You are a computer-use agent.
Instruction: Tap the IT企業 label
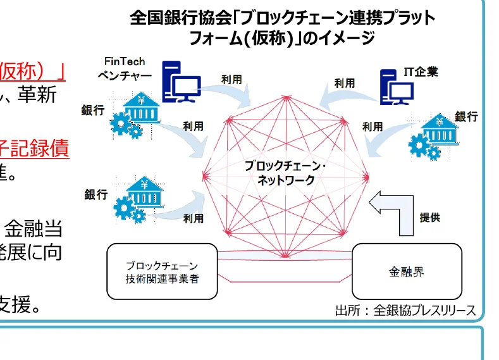point(421,72)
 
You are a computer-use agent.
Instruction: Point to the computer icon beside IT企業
point(393,88)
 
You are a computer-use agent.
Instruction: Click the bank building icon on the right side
point(436,130)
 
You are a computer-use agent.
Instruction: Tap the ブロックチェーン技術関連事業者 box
point(161,271)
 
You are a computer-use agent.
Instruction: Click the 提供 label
point(430,218)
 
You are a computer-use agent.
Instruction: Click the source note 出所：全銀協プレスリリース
point(404,310)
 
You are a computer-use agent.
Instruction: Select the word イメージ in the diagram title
point(345,38)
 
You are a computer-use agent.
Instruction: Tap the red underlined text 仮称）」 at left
point(35,69)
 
